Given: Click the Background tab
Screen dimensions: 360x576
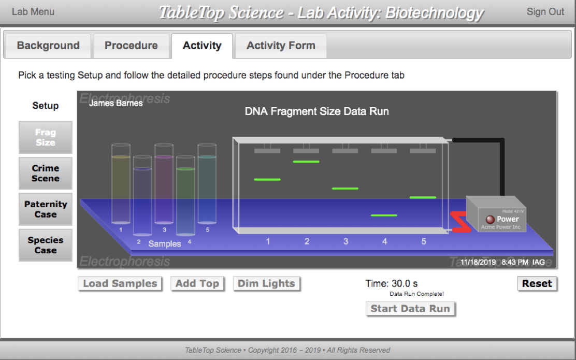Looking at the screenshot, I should [x=48, y=46].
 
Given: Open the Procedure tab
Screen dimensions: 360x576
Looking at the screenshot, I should [x=131, y=46].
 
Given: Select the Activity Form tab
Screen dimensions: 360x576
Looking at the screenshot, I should [x=281, y=46].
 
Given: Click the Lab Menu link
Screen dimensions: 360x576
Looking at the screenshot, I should [x=33, y=11].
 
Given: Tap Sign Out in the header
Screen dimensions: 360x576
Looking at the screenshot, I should [x=545, y=11].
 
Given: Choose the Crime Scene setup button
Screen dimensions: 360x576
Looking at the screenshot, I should [x=46, y=174].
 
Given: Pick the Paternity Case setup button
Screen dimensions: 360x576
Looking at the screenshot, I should [x=46, y=209].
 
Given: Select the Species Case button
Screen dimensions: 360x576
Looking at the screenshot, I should [x=46, y=245].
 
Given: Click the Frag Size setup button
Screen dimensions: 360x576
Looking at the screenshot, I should [x=46, y=137].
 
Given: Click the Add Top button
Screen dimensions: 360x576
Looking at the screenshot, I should [x=197, y=283].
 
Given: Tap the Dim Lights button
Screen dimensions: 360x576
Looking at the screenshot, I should [x=266, y=283].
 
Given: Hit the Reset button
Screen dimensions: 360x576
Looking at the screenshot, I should [x=537, y=283].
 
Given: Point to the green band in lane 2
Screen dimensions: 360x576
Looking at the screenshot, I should [x=306, y=162].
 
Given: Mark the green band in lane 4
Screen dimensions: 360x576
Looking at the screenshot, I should [x=384, y=215].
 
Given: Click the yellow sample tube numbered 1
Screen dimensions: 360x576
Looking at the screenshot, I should [x=121, y=186].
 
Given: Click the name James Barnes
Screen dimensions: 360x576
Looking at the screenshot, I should [x=116, y=103].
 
